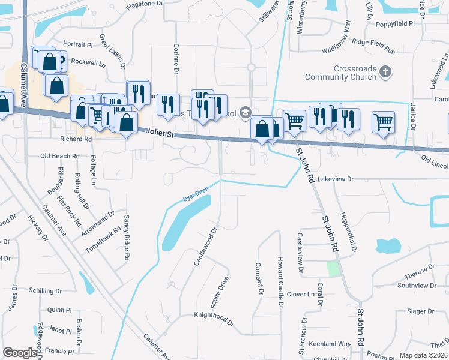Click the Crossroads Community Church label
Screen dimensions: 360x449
340,73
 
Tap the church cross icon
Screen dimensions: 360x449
385,73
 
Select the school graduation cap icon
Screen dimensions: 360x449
245,112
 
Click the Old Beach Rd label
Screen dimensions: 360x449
60,156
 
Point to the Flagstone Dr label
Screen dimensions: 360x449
145,4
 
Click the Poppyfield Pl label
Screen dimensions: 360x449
395,23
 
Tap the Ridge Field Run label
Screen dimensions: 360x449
373,43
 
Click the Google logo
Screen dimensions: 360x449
20,353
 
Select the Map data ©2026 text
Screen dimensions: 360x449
423,355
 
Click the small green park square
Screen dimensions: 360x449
333,268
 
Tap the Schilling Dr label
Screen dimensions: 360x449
50,290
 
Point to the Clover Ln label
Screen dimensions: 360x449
300,295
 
